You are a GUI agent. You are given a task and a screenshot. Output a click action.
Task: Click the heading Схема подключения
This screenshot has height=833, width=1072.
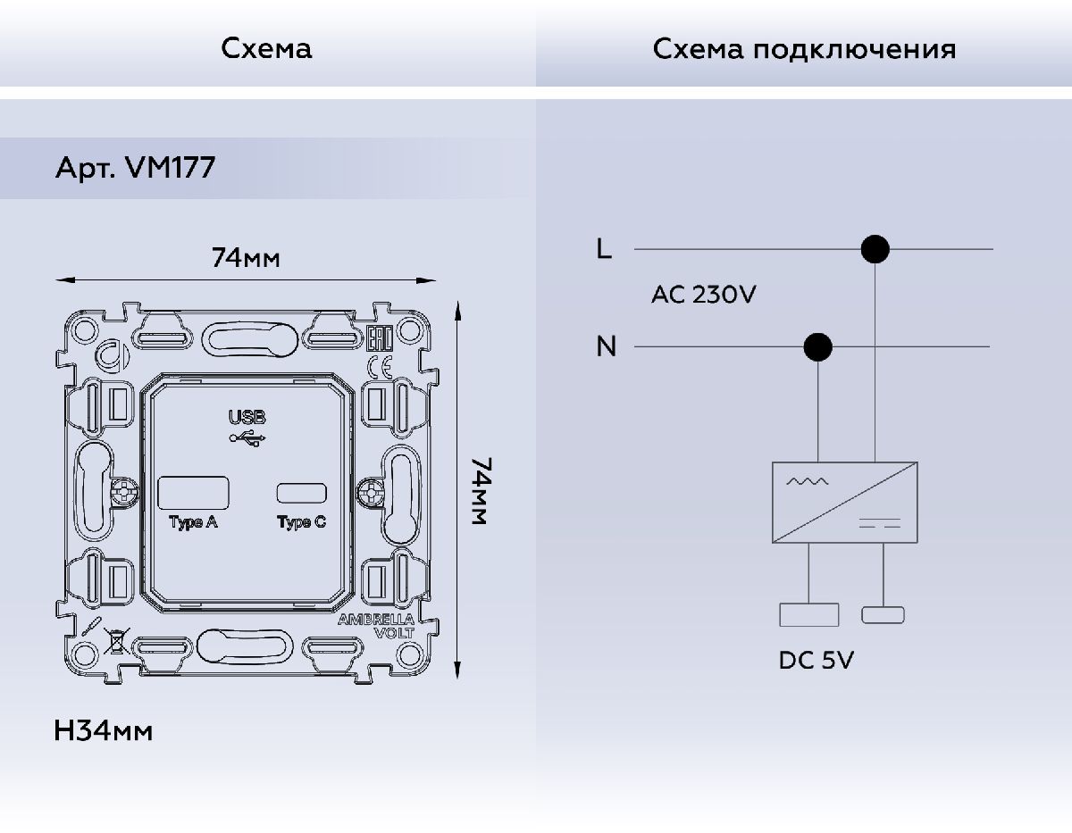click(804, 48)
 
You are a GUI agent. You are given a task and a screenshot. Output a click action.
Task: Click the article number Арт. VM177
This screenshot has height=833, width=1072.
click(135, 168)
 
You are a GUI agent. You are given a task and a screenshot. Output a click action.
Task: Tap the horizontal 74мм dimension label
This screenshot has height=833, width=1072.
click(246, 258)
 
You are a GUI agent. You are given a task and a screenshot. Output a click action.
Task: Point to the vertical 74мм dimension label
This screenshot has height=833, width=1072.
click(479, 492)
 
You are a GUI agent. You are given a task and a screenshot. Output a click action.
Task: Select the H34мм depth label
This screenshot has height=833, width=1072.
click(104, 731)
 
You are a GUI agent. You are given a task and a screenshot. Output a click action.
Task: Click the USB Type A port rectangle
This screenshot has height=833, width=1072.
click(194, 493)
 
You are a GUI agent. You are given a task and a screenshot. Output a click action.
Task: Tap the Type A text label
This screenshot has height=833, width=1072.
click(194, 523)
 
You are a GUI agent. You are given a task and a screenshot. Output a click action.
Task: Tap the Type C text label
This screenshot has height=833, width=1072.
click(301, 523)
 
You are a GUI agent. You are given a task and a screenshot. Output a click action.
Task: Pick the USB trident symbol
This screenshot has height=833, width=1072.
click(247, 437)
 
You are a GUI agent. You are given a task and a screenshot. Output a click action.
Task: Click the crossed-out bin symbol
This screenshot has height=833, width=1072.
click(113, 641)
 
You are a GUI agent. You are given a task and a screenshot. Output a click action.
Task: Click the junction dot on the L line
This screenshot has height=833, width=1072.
click(875, 249)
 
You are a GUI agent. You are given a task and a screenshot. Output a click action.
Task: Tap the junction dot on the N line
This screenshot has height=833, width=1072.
click(818, 346)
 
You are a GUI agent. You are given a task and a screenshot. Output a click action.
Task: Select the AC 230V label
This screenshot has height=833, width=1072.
click(703, 295)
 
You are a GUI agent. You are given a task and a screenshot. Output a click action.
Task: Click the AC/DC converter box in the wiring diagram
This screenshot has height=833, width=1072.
click(845, 502)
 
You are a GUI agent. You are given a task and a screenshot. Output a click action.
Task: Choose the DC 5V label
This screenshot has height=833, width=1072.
click(817, 661)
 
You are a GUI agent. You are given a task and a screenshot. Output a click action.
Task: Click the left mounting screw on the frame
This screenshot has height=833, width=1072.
click(125, 491)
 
